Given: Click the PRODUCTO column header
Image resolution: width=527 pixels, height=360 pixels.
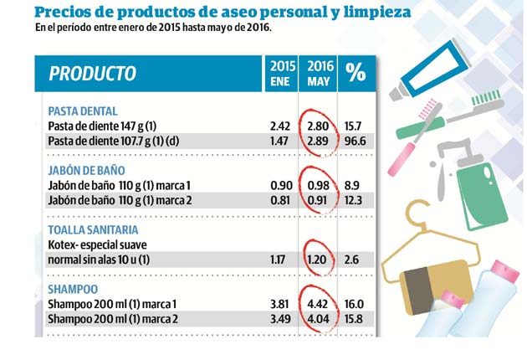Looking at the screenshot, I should click(x=93, y=74).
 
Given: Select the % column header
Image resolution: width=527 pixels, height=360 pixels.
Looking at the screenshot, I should click(x=356, y=74).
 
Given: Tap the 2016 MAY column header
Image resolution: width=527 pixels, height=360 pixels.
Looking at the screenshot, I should click(x=317, y=74).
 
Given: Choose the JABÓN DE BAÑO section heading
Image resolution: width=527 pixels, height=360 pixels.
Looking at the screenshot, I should click(x=86, y=171).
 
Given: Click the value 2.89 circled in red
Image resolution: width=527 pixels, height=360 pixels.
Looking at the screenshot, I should click(x=318, y=141).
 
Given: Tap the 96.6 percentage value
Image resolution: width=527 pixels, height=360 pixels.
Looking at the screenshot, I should click(x=356, y=141).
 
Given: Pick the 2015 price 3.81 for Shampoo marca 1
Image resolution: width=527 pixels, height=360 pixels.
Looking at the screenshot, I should click(x=280, y=305).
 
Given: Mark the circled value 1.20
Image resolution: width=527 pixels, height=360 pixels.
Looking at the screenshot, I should click(x=318, y=260).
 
